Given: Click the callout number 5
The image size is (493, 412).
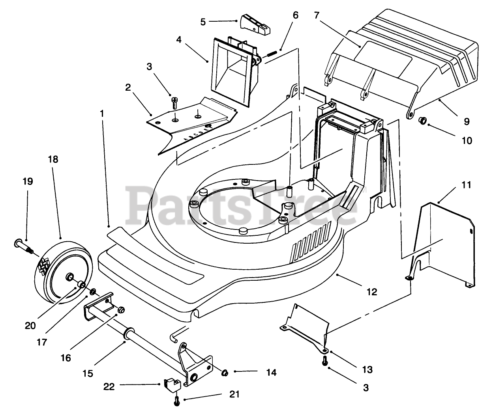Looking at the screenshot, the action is tap(203, 22).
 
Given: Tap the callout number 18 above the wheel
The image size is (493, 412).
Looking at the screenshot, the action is tap(53, 159).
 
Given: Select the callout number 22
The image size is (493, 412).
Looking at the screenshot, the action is tap(109, 386).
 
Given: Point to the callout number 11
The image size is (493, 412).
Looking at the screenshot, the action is tap(466, 185).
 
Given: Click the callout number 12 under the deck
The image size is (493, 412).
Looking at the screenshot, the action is tap(372, 292).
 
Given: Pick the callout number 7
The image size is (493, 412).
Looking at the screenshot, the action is tap(317, 15).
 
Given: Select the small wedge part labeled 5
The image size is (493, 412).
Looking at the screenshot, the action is tap(255, 25).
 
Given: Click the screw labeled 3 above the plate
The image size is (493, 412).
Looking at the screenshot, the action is tap(174, 103).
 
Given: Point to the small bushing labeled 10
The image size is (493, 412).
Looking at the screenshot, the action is tap(423, 121).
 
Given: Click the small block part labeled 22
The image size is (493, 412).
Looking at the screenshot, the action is tap(172, 385).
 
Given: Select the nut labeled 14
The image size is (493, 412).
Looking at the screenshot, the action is tap(225, 373).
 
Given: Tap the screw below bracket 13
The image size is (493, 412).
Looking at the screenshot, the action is tap(325, 361).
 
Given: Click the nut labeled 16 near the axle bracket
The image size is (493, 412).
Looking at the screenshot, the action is tap(121, 309).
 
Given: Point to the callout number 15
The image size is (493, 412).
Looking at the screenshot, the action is tap(88, 373).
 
